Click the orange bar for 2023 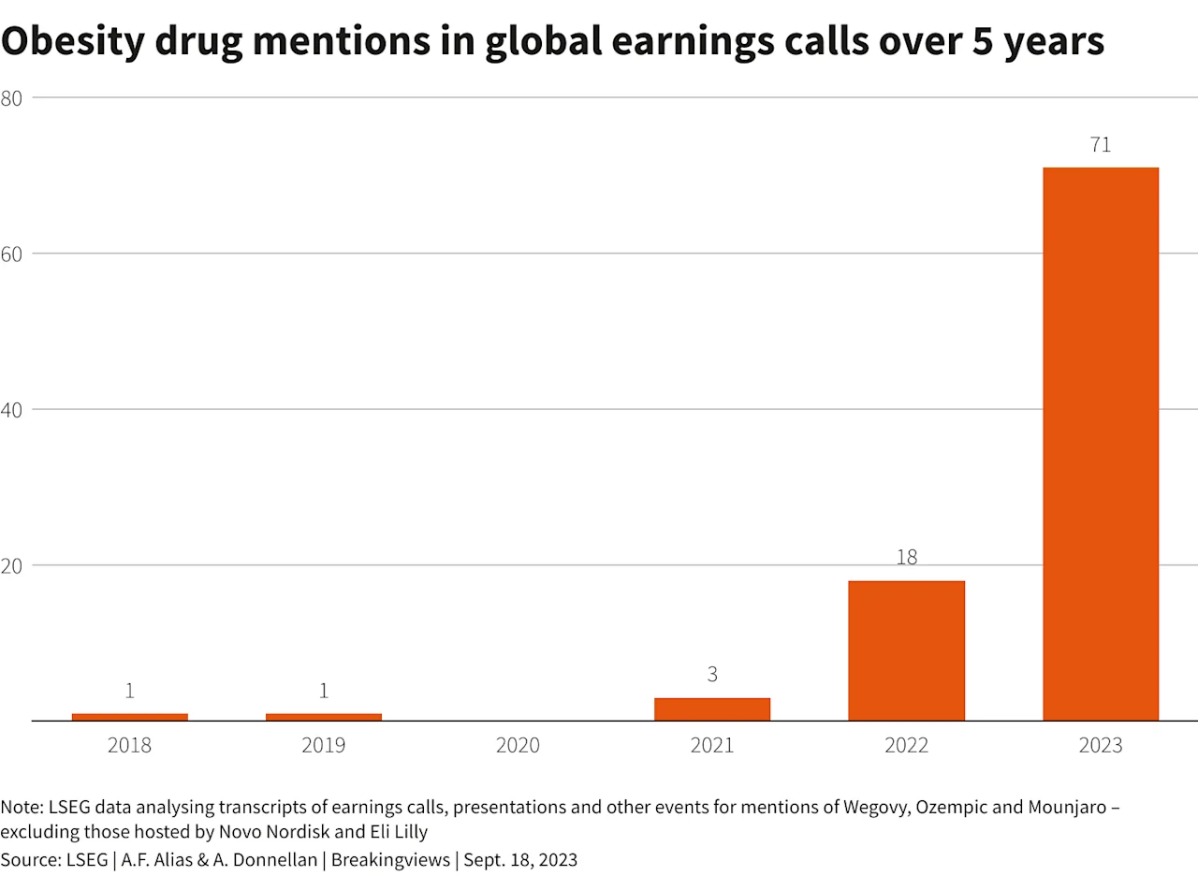point(1101,444)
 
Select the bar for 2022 point(906,650)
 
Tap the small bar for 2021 point(712,709)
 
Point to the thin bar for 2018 point(129,717)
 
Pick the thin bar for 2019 point(324,717)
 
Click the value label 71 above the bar point(1101,145)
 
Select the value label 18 point(906,558)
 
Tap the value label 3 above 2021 point(712,675)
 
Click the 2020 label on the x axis point(518,746)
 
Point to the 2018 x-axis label point(129,746)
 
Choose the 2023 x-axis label point(1101,746)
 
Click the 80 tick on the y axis point(12,97)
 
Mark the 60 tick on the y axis point(12,254)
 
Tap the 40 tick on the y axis point(12,409)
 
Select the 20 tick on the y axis point(12,565)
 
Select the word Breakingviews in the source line point(404,860)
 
